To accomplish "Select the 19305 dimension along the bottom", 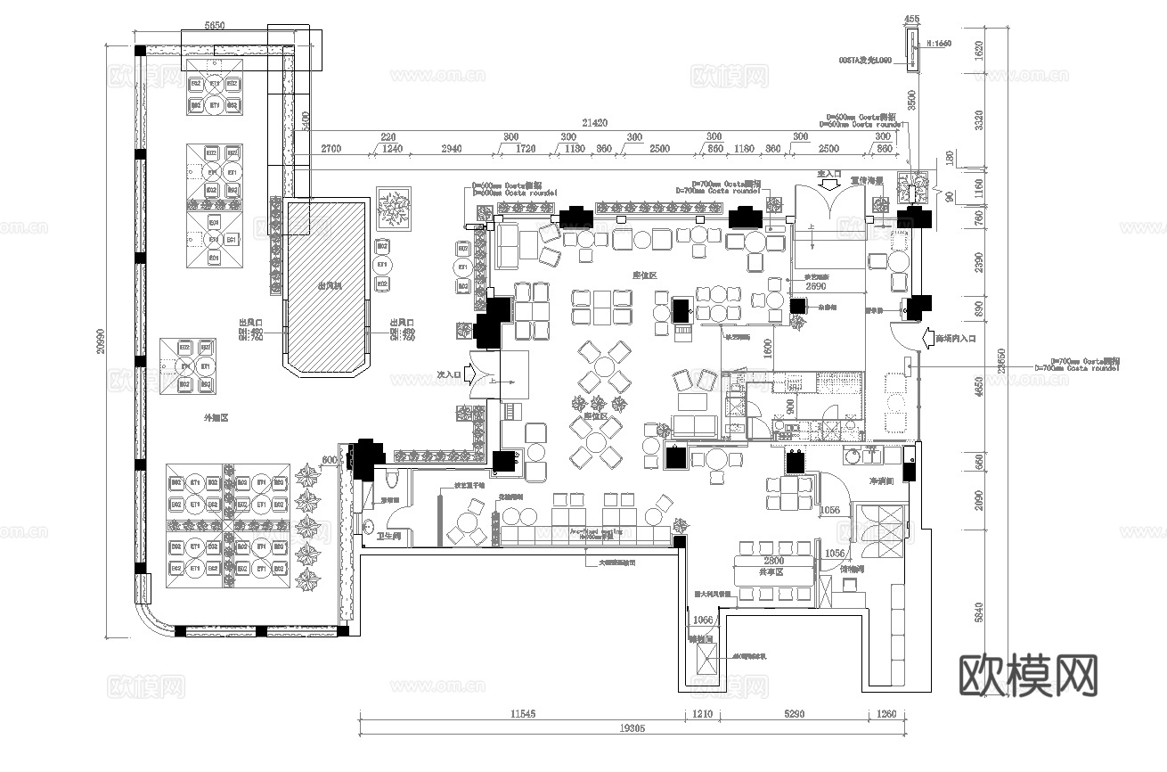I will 629,727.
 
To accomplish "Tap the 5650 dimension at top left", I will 214,27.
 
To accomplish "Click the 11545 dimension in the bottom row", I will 522,714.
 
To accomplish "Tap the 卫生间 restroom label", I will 390,537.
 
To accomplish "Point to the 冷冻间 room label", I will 882,480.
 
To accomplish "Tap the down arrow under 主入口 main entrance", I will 829,186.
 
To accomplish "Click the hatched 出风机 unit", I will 326,285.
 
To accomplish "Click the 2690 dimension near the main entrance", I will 820,288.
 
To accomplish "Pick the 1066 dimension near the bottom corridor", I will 703,620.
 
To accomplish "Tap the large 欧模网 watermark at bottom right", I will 1028,675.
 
